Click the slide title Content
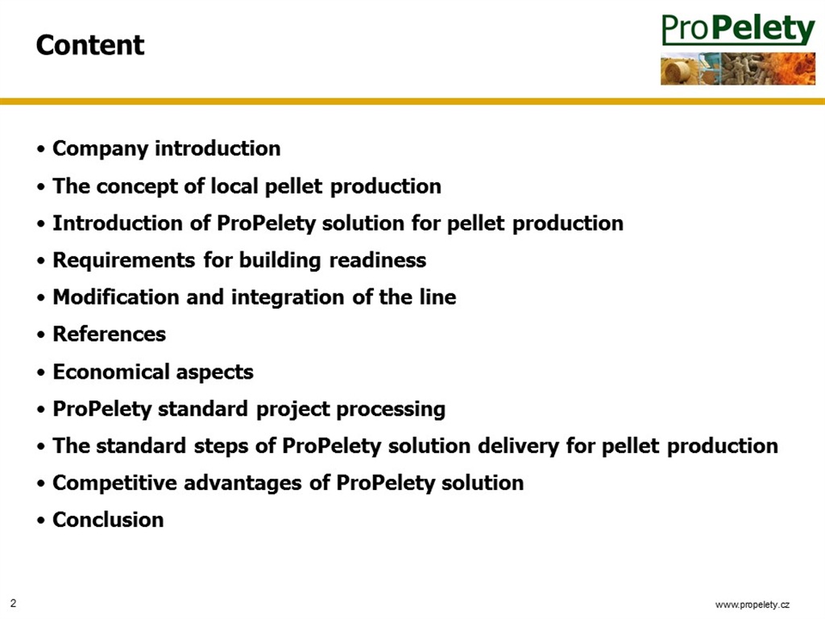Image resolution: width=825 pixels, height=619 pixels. [x=90, y=45]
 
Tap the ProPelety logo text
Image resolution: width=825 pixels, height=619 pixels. [x=738, y=29]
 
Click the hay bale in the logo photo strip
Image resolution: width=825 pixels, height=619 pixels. [x=678, y=71]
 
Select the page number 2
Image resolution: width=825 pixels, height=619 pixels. [x=13, y=603]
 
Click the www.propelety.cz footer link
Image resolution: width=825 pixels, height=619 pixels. [x=752, y=604]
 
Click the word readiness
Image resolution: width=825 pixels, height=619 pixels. [x=377, y=260]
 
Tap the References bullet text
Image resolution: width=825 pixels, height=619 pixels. [x=109, y=334]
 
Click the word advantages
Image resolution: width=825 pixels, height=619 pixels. [x=243, y=484]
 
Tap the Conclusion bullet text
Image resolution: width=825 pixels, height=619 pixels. [x=108, y=520]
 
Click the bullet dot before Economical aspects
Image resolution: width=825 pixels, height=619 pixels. [x=41, y=373]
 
